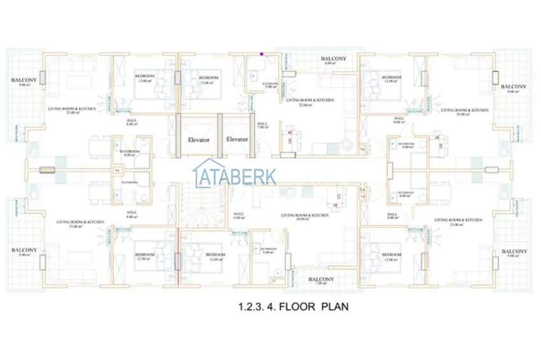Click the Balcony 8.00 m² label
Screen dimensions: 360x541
tap(334, 61)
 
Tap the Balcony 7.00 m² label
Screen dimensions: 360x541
tap(321, 281)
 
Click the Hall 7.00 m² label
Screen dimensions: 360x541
tap(263, 126)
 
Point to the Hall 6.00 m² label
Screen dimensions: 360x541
tap(239, 216)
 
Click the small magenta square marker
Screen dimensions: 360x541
tap(262, 54)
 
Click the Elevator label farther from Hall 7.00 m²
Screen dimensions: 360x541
tap(199, 139)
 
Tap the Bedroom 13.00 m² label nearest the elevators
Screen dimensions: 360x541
tap(209, 80)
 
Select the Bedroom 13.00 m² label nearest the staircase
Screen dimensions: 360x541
tap(215, 257)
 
